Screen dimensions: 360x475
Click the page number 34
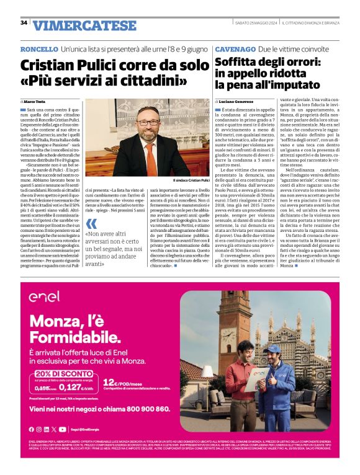point(24,23)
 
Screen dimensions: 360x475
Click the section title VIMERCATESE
point(85,25)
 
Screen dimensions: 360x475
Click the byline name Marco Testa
point(36,100)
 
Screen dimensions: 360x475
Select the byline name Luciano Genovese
point(236,100)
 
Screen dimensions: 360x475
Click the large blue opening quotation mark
point(92,224)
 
